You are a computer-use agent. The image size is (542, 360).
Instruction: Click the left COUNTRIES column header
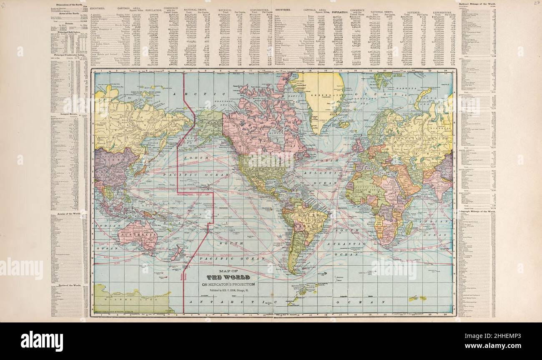[100, 8]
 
